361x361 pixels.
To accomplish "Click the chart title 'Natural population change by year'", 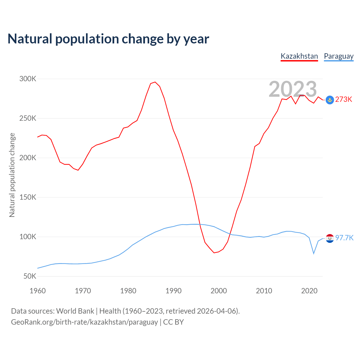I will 108,39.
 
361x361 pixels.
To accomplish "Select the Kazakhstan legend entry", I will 299,56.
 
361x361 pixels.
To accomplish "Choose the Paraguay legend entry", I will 338,56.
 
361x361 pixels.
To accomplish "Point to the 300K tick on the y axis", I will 28,79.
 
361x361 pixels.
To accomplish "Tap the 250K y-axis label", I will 28,118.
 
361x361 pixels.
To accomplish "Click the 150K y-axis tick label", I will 28,197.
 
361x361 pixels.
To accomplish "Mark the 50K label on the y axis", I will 30,276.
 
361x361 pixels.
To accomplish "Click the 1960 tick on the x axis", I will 38,291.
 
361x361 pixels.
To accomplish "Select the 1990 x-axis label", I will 173,291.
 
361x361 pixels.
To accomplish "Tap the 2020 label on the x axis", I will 309,291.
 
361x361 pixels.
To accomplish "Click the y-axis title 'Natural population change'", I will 12,175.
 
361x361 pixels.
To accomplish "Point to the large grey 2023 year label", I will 293,89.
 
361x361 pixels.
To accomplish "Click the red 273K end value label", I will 344,100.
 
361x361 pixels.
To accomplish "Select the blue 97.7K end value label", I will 344,238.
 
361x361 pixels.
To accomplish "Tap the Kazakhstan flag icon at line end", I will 330,100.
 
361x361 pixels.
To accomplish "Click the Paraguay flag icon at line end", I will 330,238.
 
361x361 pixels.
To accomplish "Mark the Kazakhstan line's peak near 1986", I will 155,82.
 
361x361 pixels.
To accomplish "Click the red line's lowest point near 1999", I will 214,253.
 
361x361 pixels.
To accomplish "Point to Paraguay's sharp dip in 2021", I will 314,254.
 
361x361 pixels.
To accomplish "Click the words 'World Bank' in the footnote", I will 75,311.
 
